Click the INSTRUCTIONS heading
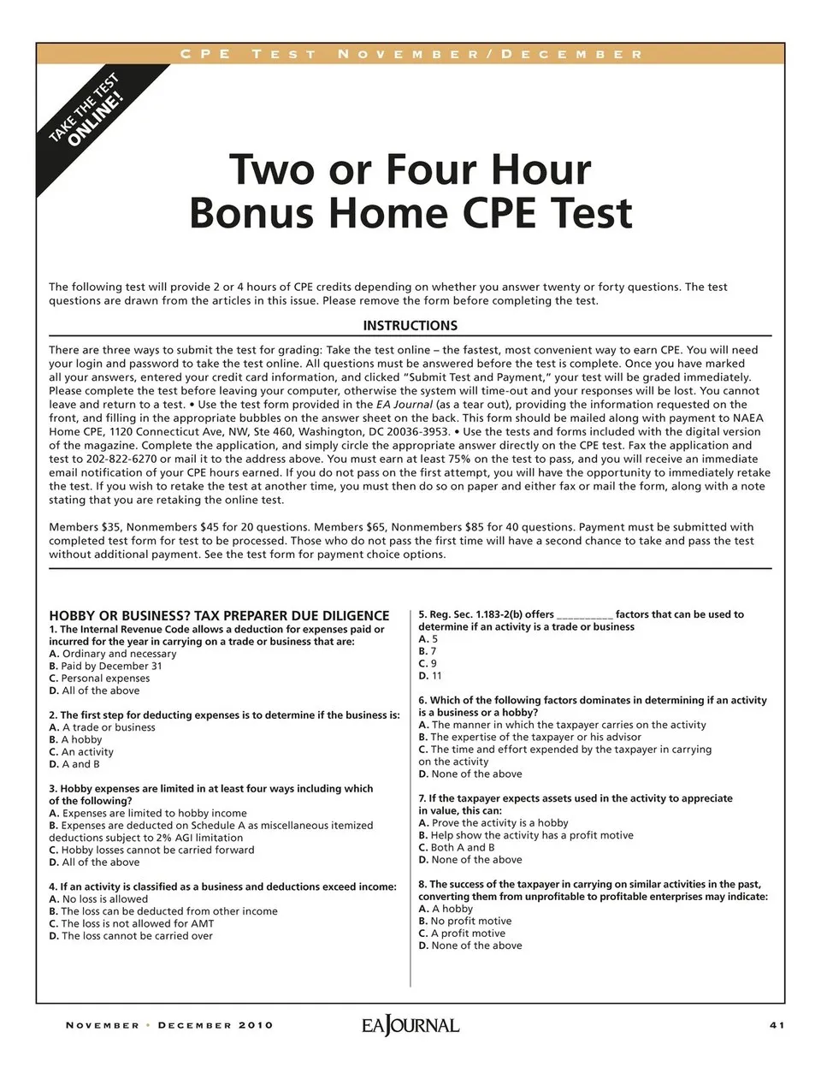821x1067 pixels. [x=410, y=326]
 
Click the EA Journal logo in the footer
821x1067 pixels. [x=410, y=1025]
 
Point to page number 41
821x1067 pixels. [x=777, y=1025]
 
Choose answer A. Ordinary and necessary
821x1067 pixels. [x=113, y=654]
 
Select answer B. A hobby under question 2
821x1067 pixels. [x=76, y=739]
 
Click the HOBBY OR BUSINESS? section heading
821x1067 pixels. [x=219, y=615]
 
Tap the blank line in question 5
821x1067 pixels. [x=584, y=614]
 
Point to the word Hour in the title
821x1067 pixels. [x=531, y=169]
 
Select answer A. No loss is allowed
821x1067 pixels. [x=98, y=899]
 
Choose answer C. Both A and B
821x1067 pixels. [x=457, y=847]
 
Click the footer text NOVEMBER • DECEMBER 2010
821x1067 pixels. [x=169, y=1025]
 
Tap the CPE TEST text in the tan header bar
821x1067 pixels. [x=248, y=54]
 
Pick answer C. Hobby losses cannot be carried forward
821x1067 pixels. [x=152, y=851]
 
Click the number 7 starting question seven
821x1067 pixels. [x=422, y=798]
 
